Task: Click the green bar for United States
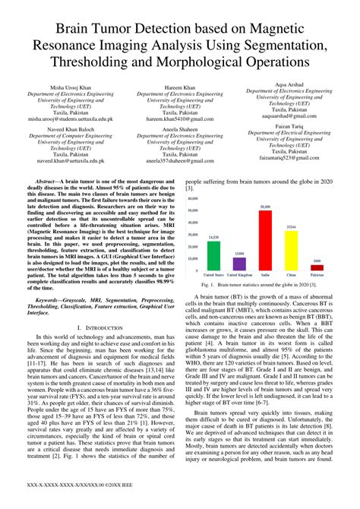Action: point(213,256)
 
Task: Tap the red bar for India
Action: point(265,240)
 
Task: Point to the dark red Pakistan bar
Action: point(317,267)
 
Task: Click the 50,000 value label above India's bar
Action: point(265,207)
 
